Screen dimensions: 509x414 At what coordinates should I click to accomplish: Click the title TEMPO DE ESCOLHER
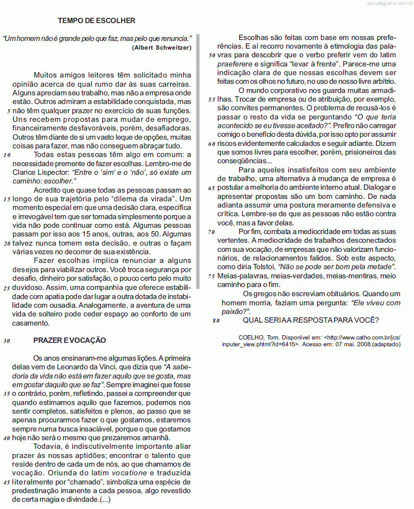click(96, 21)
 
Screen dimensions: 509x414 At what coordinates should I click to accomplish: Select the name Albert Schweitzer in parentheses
click(161, 47)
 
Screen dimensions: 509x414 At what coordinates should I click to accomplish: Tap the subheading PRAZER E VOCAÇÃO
click(69, 340)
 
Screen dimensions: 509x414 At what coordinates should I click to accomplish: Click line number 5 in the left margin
click(8, 111)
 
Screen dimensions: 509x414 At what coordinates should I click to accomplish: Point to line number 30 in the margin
click(7, 341)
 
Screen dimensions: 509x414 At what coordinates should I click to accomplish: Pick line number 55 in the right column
click(212, 100)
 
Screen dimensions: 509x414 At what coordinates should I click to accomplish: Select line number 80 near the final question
click(215, 321)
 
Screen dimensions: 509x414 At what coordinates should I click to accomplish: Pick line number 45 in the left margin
click(7, 483)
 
